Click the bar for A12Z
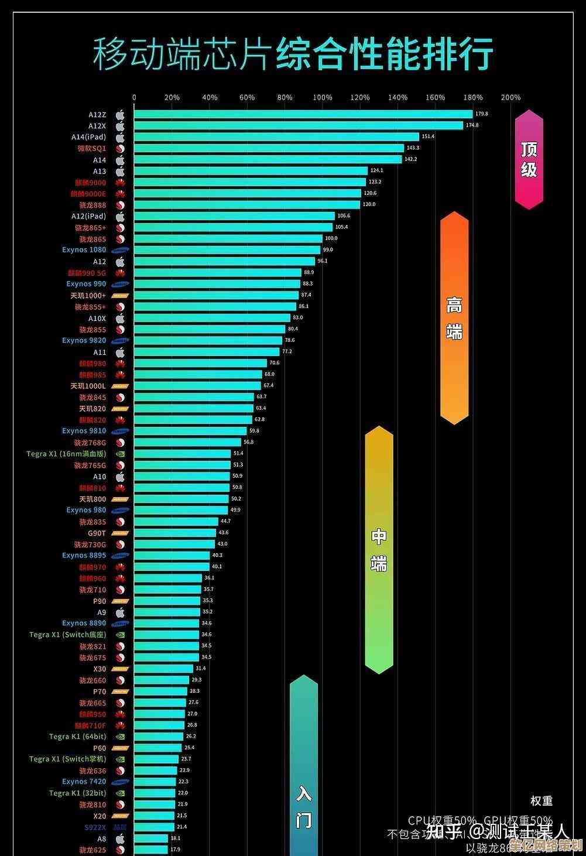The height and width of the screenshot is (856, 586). click(303, 114)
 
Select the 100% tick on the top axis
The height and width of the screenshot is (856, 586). click(323, 98)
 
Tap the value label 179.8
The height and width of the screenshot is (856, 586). click(482, 114)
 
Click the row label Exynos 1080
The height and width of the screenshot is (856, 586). click(84, 250)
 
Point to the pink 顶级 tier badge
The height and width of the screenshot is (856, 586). click(529, 159)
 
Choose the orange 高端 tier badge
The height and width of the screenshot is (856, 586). click(454, 318)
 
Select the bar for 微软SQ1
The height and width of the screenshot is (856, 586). click(269, 148)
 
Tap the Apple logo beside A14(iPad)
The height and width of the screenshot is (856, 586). click(120, 137)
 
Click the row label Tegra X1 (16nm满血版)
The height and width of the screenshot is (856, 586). click(66, 454)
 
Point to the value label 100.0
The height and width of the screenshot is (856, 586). click(331, 239)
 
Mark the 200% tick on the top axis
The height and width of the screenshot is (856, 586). click(510, 98)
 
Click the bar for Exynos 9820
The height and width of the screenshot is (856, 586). click(208, 341)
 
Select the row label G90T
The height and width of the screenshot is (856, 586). click(97, 533)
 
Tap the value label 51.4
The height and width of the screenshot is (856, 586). click(238, 454)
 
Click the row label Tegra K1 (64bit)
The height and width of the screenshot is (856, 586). click(78, 737)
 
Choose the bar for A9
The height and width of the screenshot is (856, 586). click(167, 612)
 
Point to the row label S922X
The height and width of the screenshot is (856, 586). click(95, 827)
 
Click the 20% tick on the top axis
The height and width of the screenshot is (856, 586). click(172, 98)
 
